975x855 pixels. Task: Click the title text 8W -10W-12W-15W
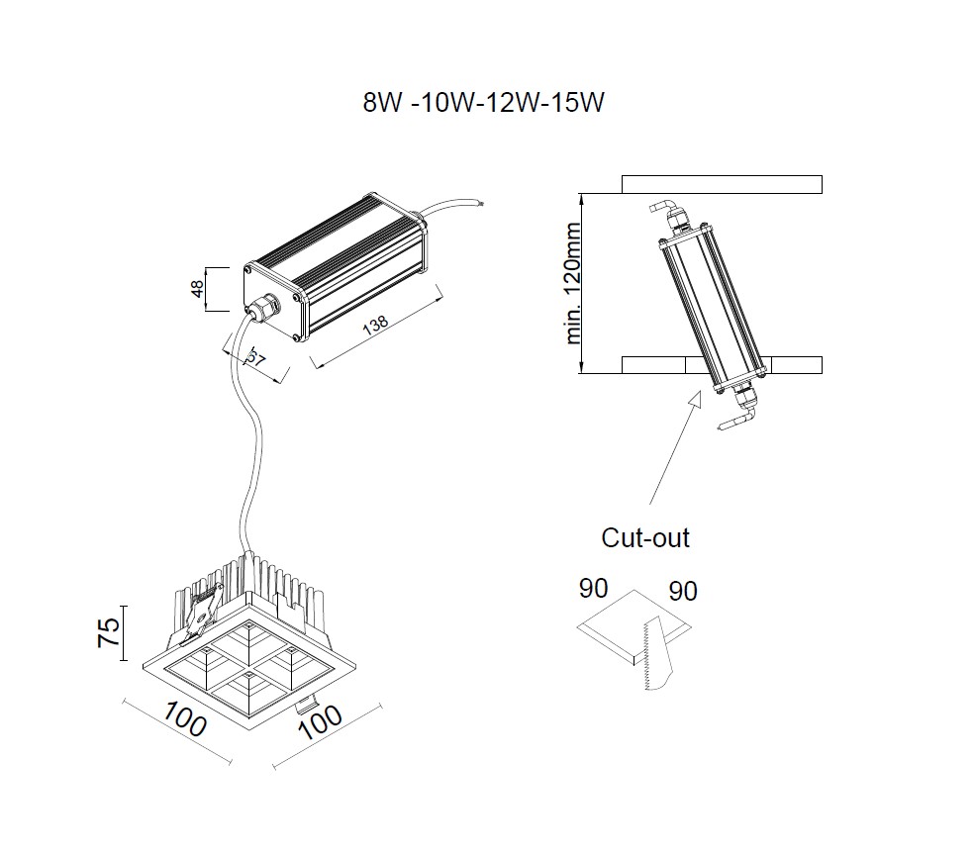tap(482, 104)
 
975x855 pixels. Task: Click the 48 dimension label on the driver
tap(197, 289)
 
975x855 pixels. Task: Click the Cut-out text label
tap(645, 538)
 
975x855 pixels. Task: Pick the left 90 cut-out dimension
tap(593, 589)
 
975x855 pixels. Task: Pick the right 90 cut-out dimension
tap(683, 592)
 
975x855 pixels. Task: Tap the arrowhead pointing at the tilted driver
tap(693, 397)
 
